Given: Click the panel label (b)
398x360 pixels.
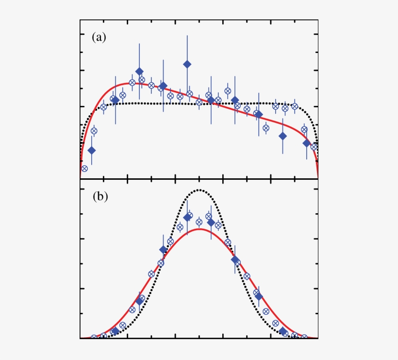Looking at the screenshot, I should coord(99,197).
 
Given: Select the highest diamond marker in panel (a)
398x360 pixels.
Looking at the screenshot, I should coord(187,64).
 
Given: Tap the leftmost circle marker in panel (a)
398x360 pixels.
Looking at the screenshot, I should coord(84,169).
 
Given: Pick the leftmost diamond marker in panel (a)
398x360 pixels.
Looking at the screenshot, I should coord(92,150).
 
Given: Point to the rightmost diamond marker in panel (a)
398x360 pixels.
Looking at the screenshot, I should coord(306,143).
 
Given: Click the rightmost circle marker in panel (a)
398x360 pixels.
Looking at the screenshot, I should coord(314,146).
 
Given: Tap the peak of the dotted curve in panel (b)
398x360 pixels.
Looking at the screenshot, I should coord(199,190).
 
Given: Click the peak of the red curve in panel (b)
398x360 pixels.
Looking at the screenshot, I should coord(199,229).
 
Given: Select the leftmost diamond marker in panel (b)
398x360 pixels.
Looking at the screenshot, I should coord(116,331).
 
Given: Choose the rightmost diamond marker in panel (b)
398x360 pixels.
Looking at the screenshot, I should coord(282,331).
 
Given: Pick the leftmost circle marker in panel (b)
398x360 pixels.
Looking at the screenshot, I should coord(94,338).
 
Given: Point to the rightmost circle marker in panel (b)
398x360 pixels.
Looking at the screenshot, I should coord(304,337).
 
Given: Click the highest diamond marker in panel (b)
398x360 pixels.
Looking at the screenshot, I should coord(187,218).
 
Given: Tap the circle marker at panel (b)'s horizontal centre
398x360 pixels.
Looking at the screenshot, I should coord(199,222).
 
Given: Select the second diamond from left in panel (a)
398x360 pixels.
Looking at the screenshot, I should coord(116,101).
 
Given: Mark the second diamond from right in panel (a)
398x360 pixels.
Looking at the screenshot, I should coord(282,136).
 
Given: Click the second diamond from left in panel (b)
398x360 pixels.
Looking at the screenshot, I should coord(139,301).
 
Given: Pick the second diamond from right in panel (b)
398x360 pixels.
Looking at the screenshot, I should coord(259,296).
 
